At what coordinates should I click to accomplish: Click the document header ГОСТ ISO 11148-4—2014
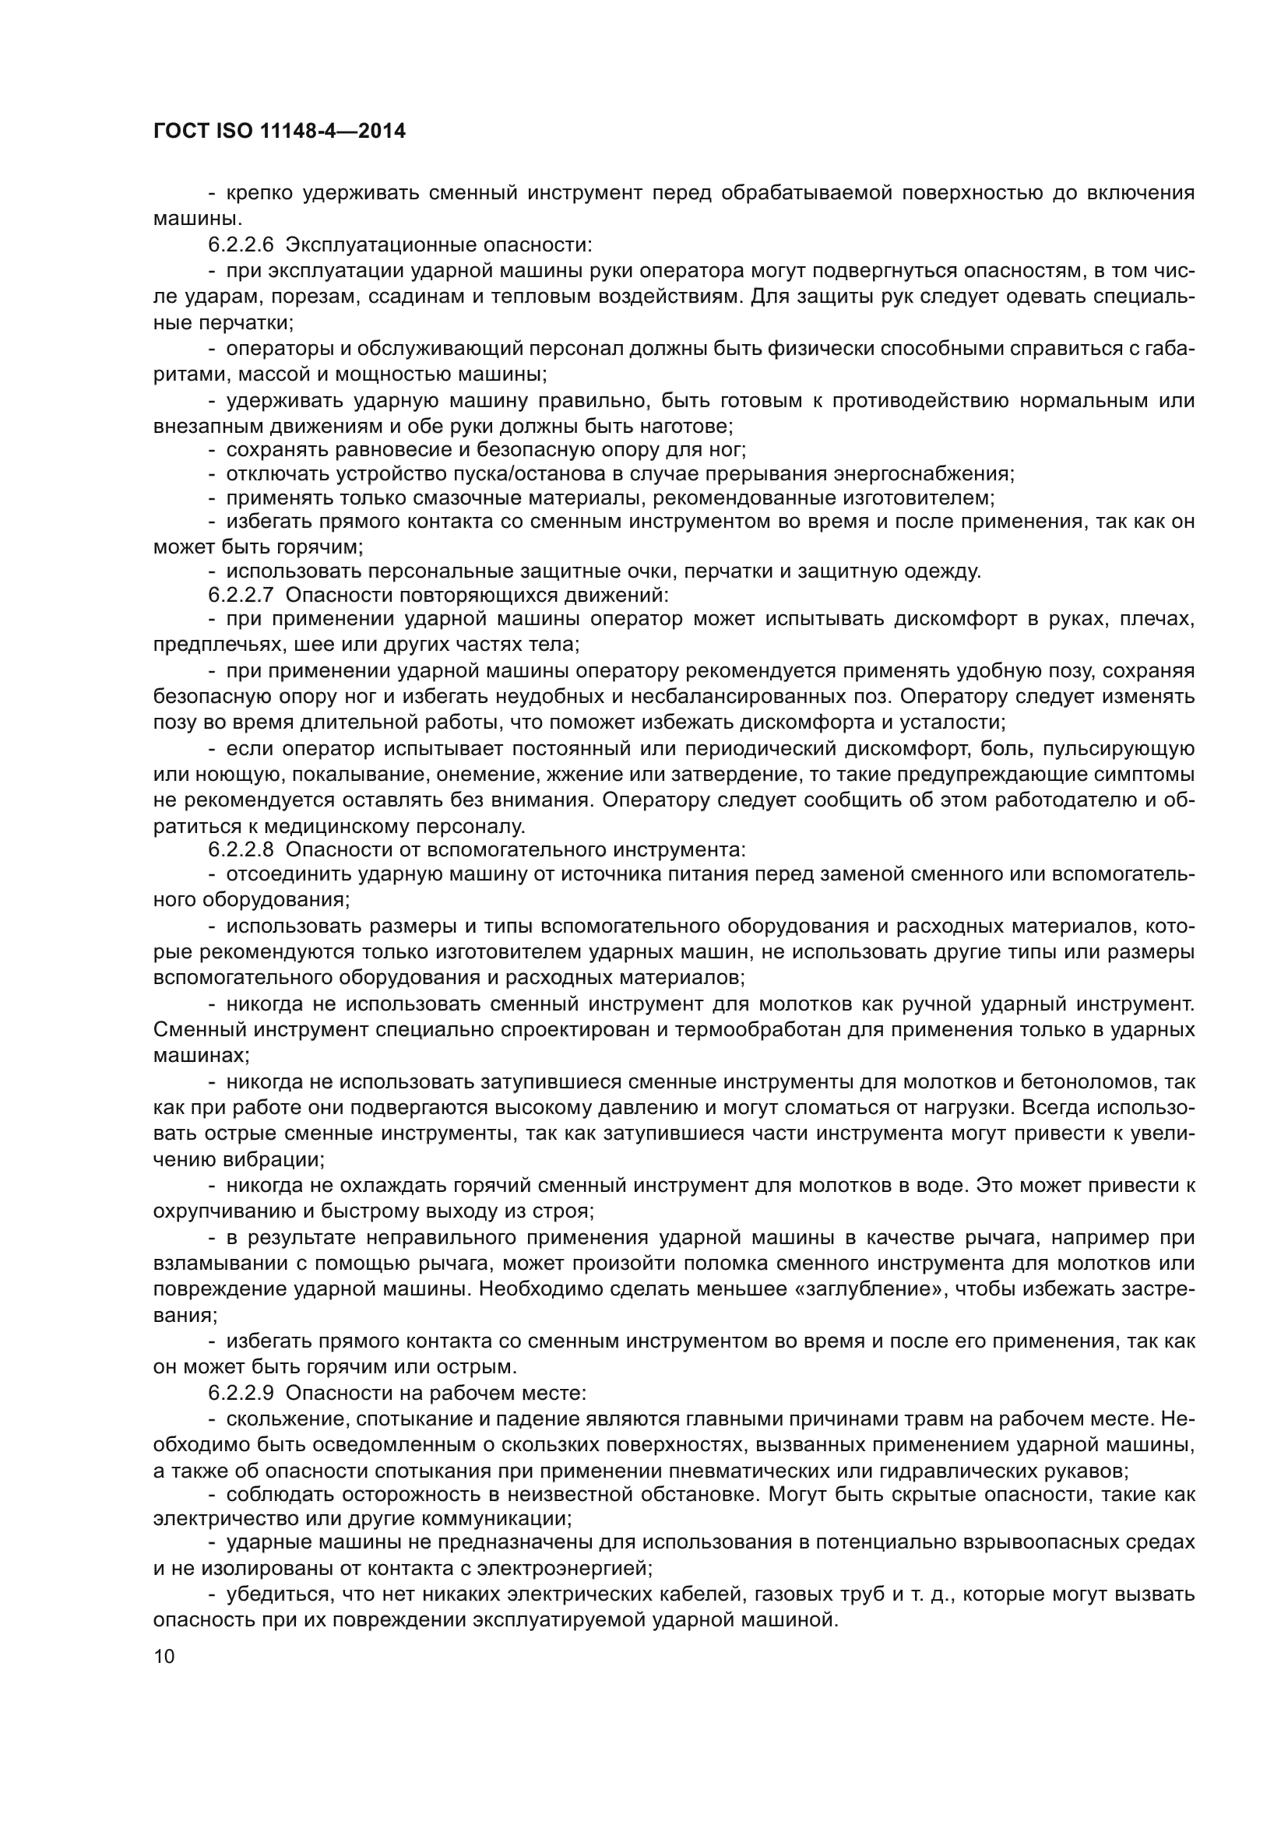click(280, 132)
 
